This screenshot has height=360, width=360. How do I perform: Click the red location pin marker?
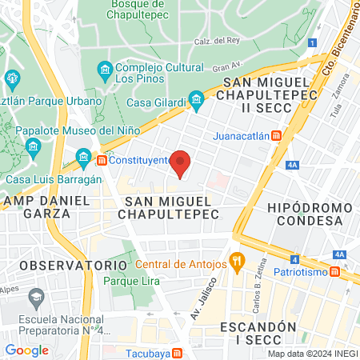(181, 162)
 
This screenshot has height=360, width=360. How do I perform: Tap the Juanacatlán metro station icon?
(276, 135)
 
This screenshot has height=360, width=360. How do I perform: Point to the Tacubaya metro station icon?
(177, 353)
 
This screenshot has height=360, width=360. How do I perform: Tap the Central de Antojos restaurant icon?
(236, 261)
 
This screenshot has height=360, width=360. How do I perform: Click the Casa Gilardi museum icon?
(196, 102)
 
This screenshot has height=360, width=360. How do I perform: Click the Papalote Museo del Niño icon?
(34, 147)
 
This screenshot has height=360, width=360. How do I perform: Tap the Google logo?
(27, 350)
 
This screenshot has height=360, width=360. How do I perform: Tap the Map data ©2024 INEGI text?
(311, 354)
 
